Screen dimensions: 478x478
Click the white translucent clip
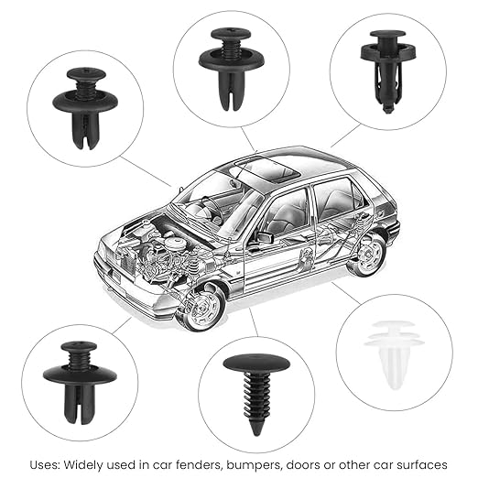click(394, 354)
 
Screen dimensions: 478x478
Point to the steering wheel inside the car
click(212, 208)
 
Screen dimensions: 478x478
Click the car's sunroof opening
click(268, 168)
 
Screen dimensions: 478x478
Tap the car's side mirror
click(265, 237)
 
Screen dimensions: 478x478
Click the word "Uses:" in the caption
click(45, 465)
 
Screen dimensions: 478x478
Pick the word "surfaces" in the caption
click(422, 465)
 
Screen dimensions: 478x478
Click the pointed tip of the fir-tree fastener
click(255, 435)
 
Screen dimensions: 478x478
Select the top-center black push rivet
click(232, 69)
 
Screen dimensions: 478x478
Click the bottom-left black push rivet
click(80, 382)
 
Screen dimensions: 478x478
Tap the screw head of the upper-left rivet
click(86, 73)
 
